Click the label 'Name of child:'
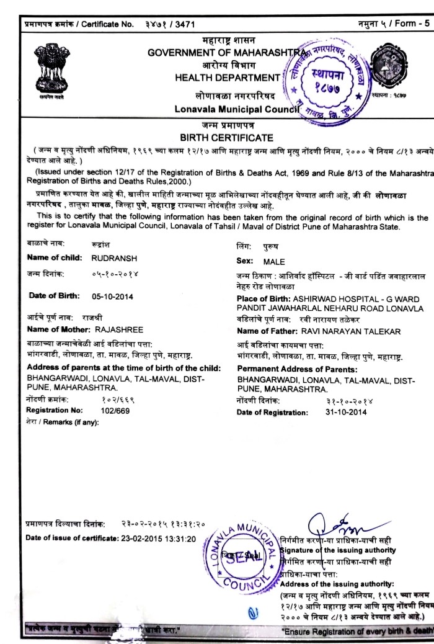[x=52, y=256]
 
